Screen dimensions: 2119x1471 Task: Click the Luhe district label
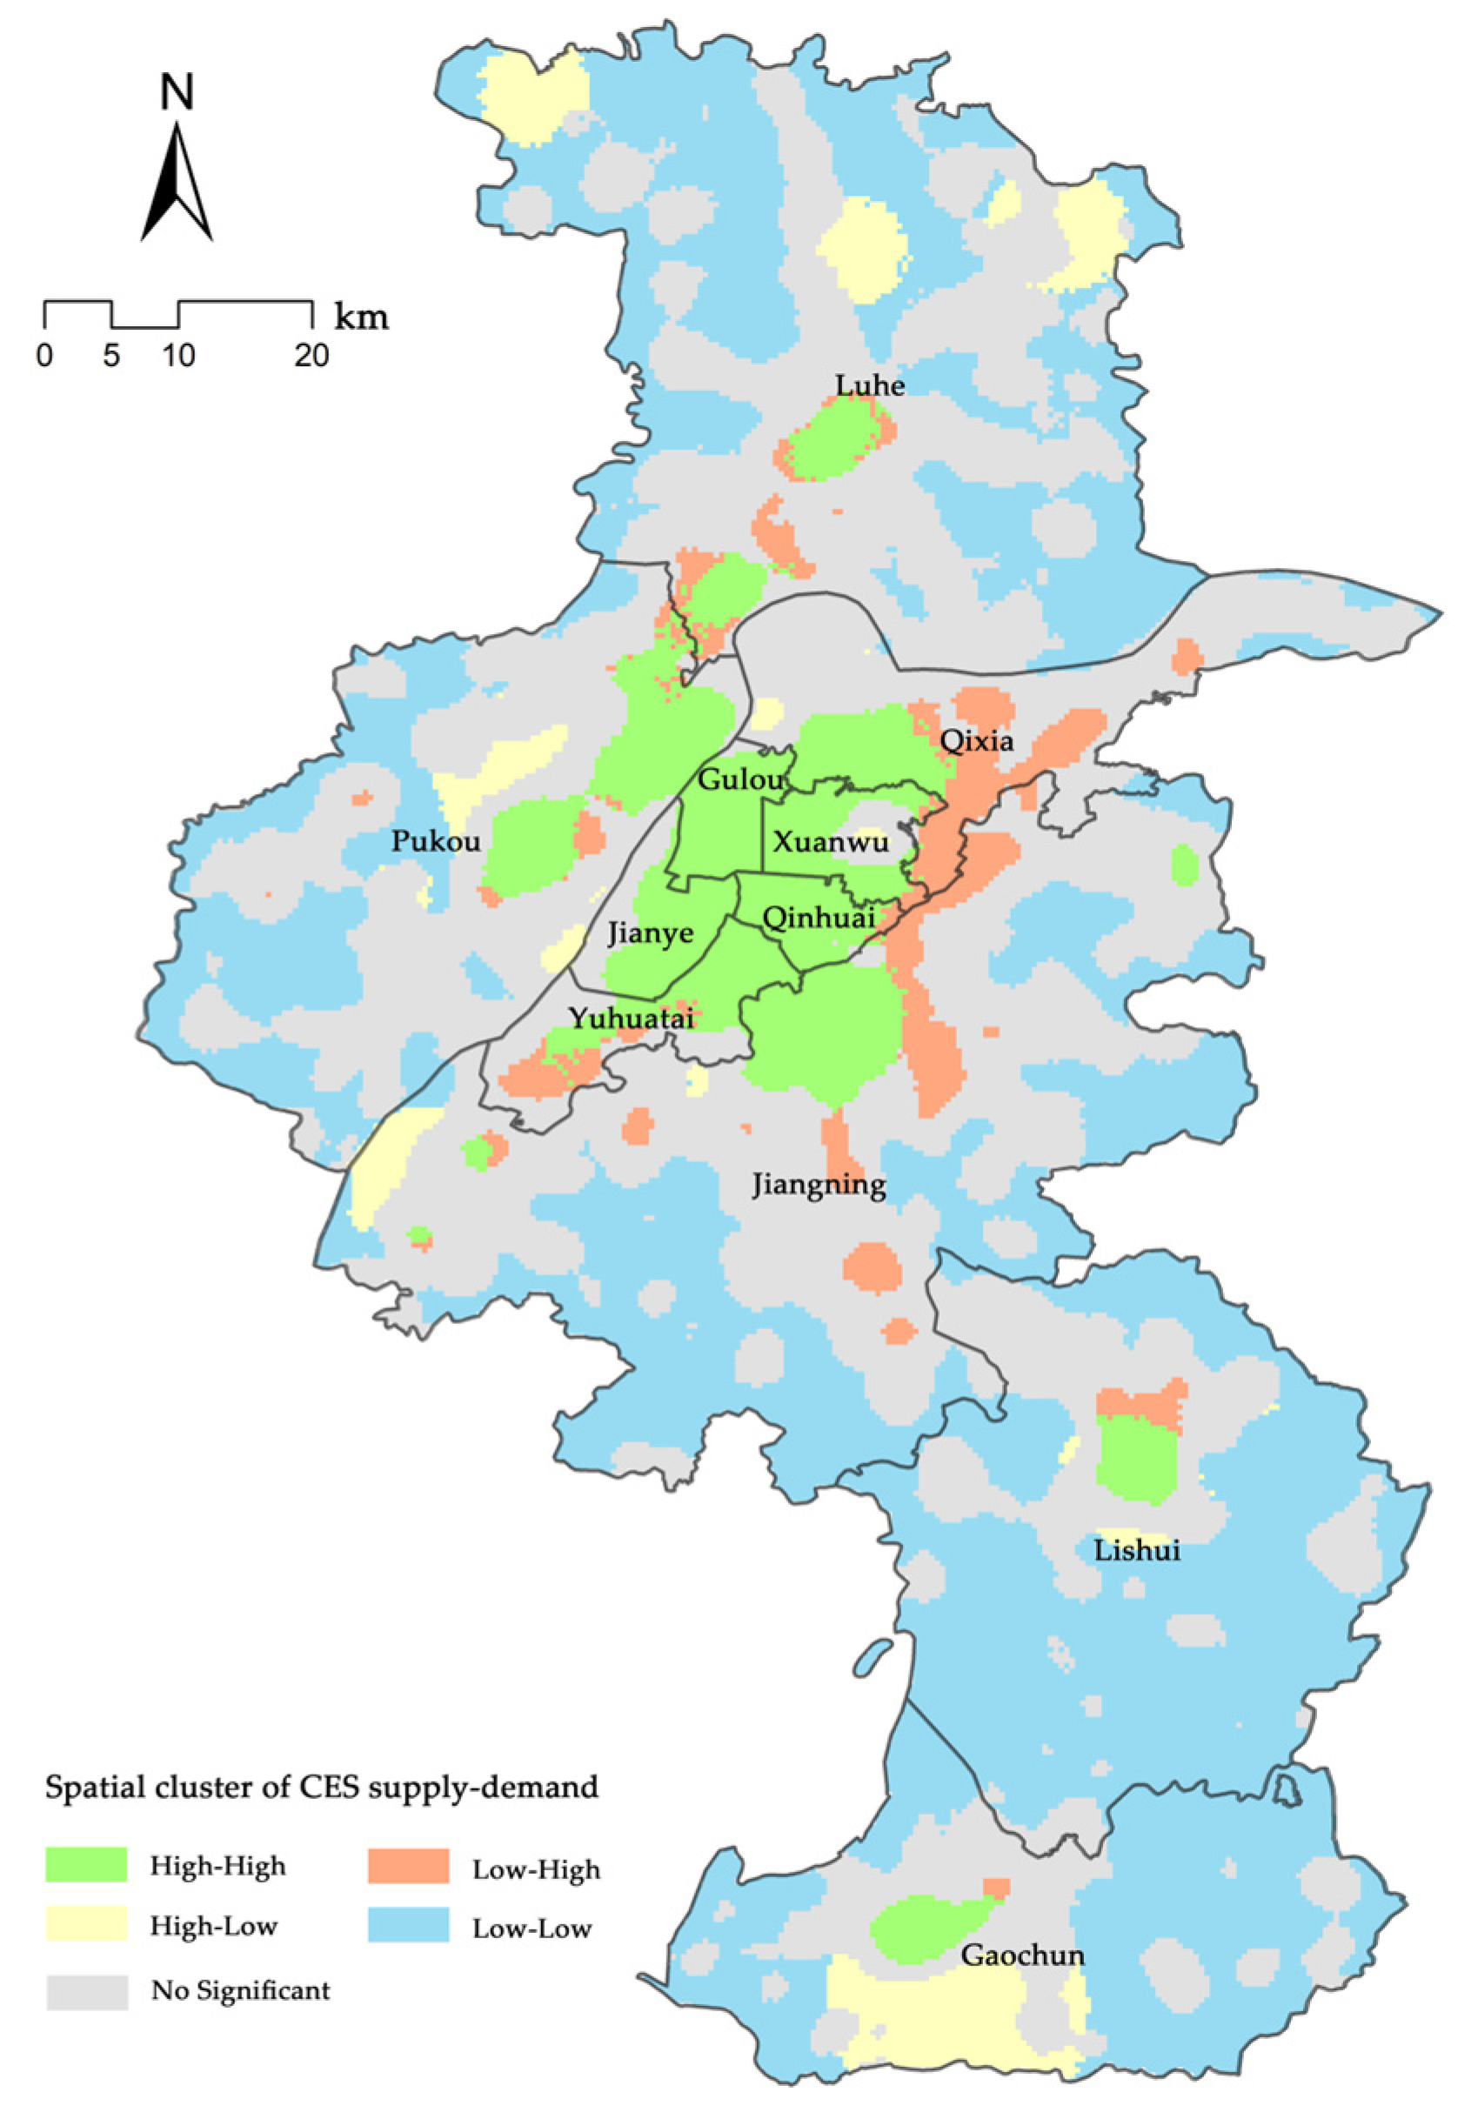pyautogui.click(x=869, y=384)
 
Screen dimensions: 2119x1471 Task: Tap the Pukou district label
pyautogui.click(x=435, y=840)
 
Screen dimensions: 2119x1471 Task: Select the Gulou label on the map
pyautogui.click(x=739, y=779)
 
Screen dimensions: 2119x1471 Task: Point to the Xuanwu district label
pyautogui.click(x=831, y=841)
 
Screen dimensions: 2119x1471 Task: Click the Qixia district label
pyautogui.click(x=976, y=740)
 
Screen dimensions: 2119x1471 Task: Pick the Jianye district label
pyautogui.click(x=650, y=933)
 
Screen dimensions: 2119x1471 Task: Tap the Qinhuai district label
pyautogui.click(x=819, y=917)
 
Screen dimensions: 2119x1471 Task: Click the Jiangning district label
pyautogui.click(x=819, y=1185)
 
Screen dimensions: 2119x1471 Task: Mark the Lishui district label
pyautogui.click(x=1136, y=1549)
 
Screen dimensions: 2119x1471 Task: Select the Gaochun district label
pyautogui.click(x=1022, y=1954)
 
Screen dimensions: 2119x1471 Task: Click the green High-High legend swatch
pyautogui.click(x=87, y=1865)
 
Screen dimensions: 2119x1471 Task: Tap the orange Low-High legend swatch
pyautogui.click(x=407, y=1866)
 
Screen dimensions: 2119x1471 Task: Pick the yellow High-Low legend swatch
pyautogui.click(x=87, y=1924)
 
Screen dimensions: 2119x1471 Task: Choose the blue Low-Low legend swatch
pyautogui.click(x=407, y=1925)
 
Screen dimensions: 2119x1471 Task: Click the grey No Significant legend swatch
pyautogui.click(x=87, y=1991)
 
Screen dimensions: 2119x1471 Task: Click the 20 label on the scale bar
pyautogui.click(x=312, y=355)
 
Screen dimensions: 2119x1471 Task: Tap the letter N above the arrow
pyautogui.click(x=177, y=92)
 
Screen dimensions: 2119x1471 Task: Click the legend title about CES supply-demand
pyautogui.click(x=322, y=1788)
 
